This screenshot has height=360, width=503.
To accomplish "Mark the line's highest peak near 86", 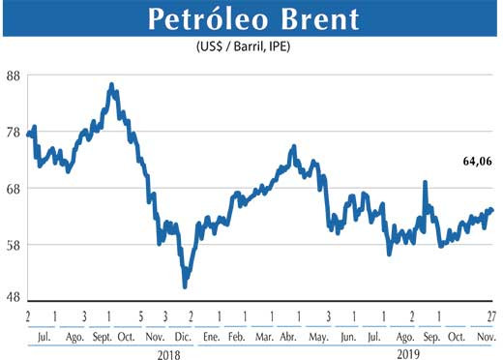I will coord(112,85).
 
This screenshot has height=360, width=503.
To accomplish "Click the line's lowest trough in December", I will coord(185,285).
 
